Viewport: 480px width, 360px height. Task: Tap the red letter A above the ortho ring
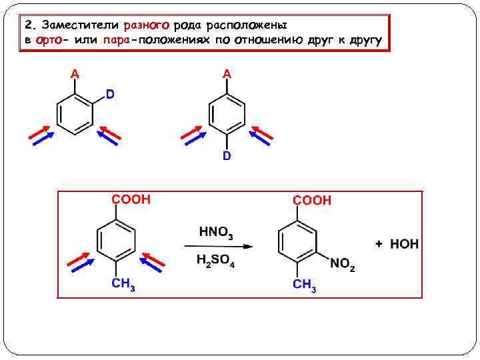[75, 74]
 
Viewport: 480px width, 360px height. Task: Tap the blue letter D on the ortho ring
[109, 95]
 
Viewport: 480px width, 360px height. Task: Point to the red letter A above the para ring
[227, 74]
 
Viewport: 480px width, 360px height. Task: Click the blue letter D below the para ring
[227, 155]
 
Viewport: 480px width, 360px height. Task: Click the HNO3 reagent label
[216, 233]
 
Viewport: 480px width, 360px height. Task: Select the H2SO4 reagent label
[215, 261]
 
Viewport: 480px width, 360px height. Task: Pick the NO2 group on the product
[343, 265]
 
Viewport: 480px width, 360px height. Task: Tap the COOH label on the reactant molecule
[131, 199]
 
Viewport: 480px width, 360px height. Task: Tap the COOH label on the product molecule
[312, 200]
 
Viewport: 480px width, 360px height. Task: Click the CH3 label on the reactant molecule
[123, 285]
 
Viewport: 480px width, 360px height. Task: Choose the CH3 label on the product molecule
[304, 285]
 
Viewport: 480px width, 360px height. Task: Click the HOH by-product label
[404, 244]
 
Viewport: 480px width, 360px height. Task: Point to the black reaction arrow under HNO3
[219, 247]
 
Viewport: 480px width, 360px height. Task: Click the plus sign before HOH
[379, 244]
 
